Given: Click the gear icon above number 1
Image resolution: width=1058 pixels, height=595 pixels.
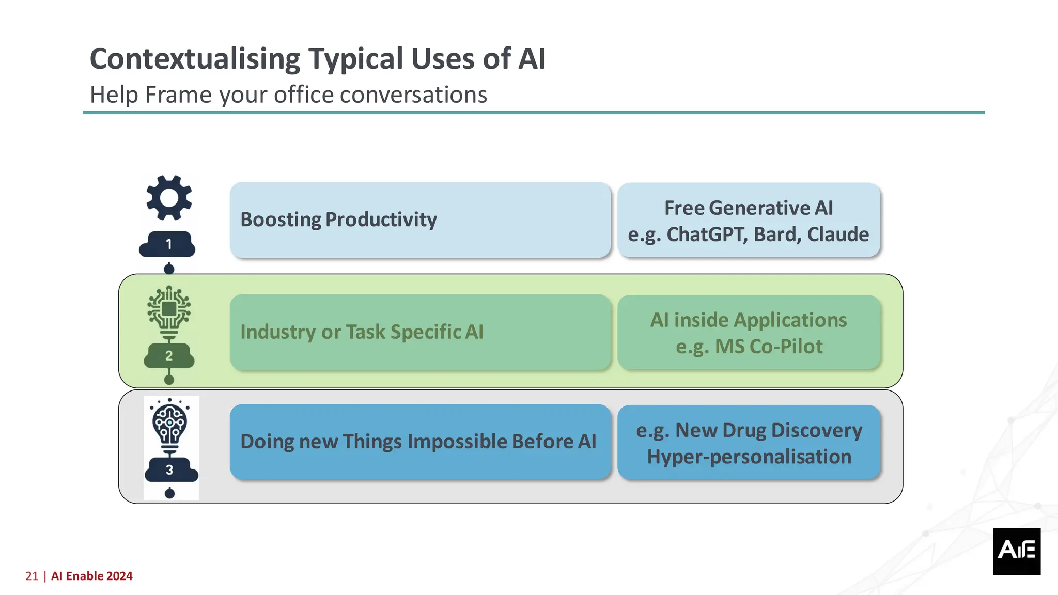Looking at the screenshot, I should coord(169,198).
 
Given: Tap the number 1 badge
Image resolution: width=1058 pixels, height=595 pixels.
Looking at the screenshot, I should coord(168,244).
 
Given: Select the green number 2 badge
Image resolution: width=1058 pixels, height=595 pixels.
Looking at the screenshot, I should coord(169,356).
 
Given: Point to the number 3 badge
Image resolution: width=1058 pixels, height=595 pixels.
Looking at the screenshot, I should coord(170,470).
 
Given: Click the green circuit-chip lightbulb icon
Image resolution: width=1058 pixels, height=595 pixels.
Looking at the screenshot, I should coord(169,309).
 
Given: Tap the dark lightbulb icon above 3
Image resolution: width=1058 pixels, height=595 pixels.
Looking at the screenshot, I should coord(169,425).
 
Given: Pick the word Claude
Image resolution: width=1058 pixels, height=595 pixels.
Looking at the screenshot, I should coord(838,234).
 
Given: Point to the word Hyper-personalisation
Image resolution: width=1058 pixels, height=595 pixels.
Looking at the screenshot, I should coord(749,457).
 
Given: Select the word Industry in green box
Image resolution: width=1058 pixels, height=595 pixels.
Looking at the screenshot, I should coord(277,332).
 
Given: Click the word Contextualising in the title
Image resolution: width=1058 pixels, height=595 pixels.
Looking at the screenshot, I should coord(195,59).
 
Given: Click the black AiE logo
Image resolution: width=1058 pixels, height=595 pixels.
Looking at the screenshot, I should coord(1016,551).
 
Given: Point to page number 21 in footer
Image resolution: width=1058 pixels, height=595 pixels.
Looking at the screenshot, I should coord(32,576).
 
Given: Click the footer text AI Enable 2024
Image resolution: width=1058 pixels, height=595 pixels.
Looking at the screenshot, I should coord(92,576).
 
